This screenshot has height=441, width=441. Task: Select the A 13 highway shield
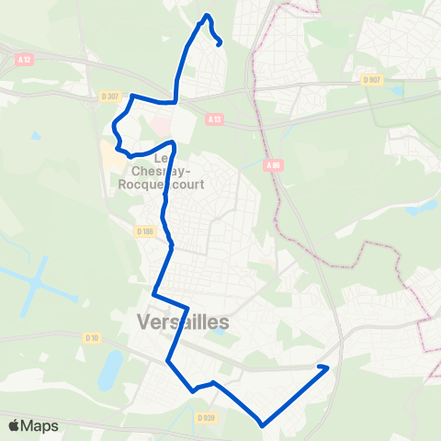[x=214, y=119]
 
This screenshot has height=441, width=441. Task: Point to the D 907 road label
[x=371, y=80]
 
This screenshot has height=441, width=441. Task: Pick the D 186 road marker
[x=144, y=232]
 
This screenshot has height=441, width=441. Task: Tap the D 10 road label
[x=91, y=338]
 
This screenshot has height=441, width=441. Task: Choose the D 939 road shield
[x=205, y=417]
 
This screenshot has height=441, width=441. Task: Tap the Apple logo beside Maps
[x=14, y=426]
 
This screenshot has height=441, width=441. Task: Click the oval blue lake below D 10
[x=110, y=368]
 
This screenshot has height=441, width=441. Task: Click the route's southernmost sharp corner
[x=263, y=425]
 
